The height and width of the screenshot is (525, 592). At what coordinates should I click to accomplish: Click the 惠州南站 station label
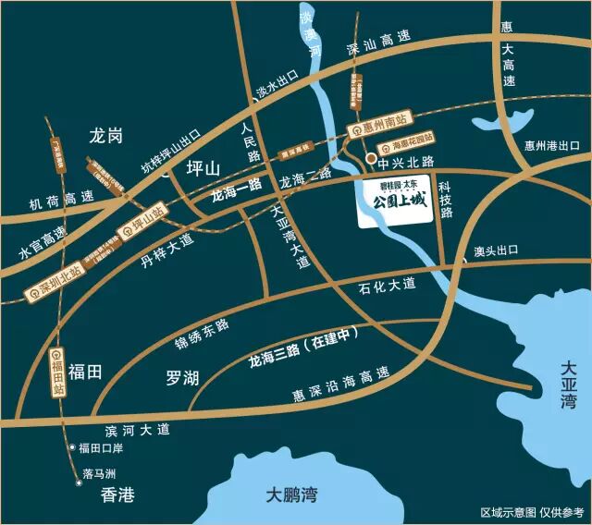coord(376,131)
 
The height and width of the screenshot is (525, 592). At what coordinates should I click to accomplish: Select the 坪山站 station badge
coord(141,221)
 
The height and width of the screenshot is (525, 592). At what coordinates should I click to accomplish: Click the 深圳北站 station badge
coord(54,283)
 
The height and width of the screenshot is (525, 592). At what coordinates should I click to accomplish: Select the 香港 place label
coord(118,495)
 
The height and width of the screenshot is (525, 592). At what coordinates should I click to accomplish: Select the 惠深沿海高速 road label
coord(339,386)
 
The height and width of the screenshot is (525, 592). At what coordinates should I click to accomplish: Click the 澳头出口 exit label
coord(496,251)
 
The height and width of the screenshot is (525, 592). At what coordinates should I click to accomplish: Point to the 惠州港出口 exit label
coord(551,146)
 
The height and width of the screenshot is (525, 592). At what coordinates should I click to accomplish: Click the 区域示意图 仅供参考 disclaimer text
coord(532,511)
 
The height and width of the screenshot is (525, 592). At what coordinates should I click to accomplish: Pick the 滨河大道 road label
coord(138,430)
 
